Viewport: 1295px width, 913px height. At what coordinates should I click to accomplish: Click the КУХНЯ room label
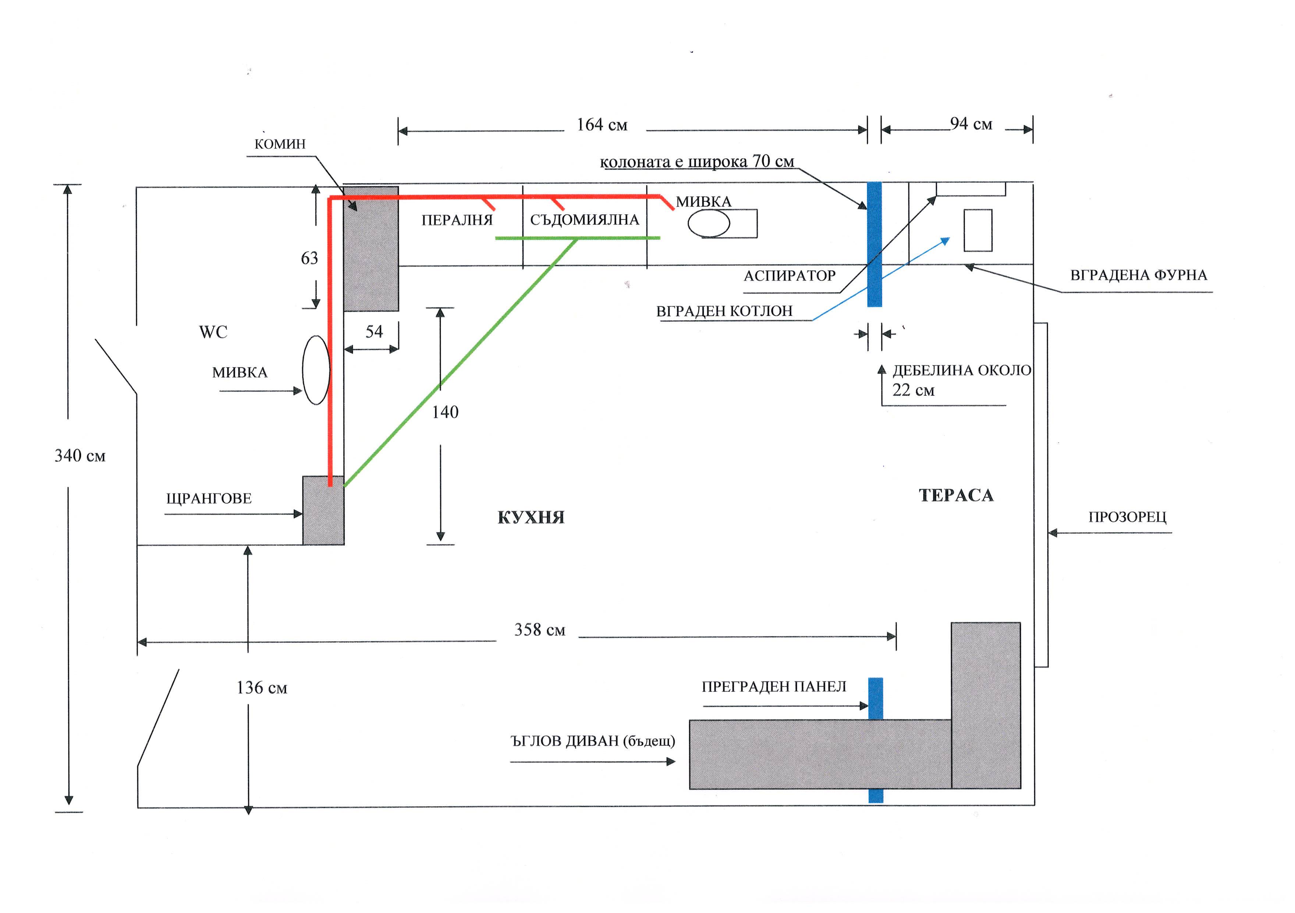(x=531, y=518)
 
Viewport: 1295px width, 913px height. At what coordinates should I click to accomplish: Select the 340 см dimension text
(x=79, y=455)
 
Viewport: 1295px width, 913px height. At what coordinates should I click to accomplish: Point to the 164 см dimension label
(x=602, y=125)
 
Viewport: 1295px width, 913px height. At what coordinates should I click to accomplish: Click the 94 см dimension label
(x=971, y=124)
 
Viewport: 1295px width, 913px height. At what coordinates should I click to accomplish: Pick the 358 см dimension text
(x=539, y=630)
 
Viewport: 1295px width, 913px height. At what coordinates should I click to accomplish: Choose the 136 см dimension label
(x=262, y=688)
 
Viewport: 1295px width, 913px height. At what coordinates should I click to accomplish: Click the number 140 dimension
(x=445, y=412)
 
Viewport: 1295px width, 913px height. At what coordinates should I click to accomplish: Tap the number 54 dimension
(x=374, y=331)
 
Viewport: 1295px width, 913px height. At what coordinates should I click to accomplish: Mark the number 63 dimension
(x=309, y=258)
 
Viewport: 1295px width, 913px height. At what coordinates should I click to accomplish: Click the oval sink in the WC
(x=316, y=370)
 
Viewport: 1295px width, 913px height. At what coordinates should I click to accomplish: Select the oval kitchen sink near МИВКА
(x=709, y=223)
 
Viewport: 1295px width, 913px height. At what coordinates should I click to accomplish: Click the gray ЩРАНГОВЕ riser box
(x=323, y=511)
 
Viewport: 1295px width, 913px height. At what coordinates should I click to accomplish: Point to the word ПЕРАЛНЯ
(x=457, y=220)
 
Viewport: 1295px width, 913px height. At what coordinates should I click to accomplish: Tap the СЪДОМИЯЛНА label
(x=584, y=219)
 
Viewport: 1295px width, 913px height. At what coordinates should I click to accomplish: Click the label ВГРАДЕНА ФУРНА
(x=1138, y=275)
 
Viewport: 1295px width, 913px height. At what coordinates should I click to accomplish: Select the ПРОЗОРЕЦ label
(x=1127, y=517)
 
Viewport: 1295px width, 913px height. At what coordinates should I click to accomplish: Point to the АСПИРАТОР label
(x=789, y=276)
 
